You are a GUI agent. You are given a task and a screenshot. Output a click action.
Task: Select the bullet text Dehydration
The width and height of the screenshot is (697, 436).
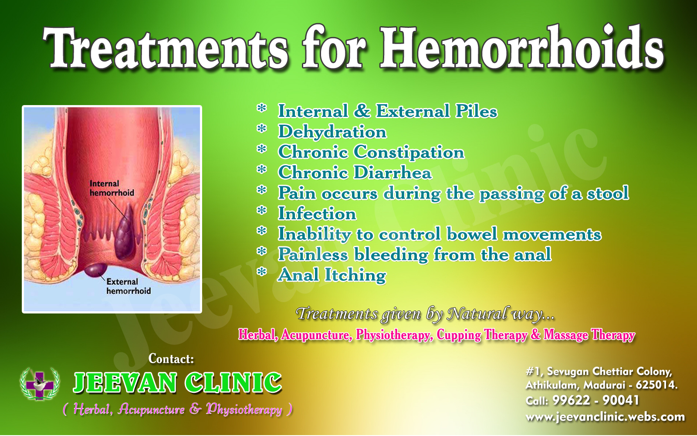pyautogui.click(x=332, y=132)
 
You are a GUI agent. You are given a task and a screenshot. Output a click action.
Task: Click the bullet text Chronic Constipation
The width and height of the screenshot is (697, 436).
pyautogui.click(x=371, y=152)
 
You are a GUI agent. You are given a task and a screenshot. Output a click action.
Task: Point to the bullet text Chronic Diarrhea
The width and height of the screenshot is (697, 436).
pyautogui.click(x=355, y=173)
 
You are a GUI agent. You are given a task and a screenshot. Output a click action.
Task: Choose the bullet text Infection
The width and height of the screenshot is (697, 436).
pyautogui.click(x=317, y=214)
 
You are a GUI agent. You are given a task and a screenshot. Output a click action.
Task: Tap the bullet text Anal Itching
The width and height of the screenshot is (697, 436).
pyautogui.click(x=332, y=275)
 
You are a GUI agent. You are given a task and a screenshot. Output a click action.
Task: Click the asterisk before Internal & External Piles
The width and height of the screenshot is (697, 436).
pyautogui.click(x=262, y=109)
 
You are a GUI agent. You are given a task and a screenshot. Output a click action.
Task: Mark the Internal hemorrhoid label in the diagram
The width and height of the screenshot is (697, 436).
pyautogui.click(x=112, y=188)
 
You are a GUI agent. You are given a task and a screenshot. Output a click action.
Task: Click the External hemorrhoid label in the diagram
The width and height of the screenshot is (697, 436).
pyautogui.click(x=128, y=286)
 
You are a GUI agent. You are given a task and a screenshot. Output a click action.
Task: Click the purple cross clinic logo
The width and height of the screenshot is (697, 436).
pyautogui.click(x=40, y=385)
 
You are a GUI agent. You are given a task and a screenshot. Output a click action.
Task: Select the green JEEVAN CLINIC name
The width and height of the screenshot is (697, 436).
pyautogui.click(x=177, y=382)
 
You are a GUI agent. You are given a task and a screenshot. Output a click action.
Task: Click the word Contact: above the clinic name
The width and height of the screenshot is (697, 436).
pyautogui.click(x=171, y=359)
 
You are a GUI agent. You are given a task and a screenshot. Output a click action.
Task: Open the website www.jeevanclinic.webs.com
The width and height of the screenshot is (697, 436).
pyautogui.click(x=605, y=417)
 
